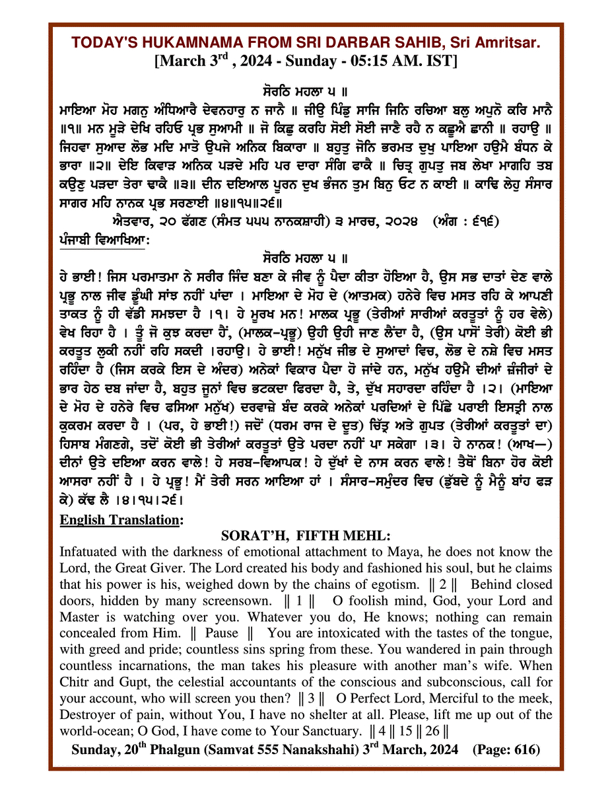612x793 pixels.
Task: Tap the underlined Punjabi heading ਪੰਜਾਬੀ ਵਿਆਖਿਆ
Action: coord(103,241)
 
